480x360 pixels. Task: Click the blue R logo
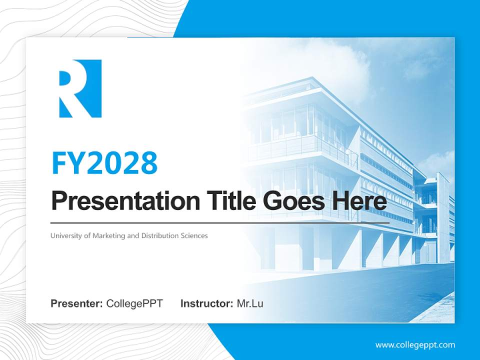pos(80,88)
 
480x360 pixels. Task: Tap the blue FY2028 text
pos(104,163)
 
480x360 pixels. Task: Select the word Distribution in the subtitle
pos(159,235)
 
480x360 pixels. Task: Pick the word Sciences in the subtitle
pos(194,235)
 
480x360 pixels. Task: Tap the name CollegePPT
pos(134,303)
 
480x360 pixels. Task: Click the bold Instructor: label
pos(206,303)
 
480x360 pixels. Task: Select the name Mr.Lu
pos(250,303)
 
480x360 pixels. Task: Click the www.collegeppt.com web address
pos(415,345)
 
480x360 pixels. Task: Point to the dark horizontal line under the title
pos(220,222)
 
